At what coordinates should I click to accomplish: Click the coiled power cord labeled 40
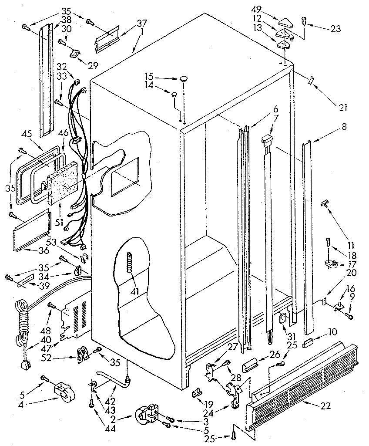(x=21, y=318)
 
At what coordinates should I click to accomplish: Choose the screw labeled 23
(x=304, y=20)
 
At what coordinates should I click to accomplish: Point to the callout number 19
(x=198, y=404)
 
